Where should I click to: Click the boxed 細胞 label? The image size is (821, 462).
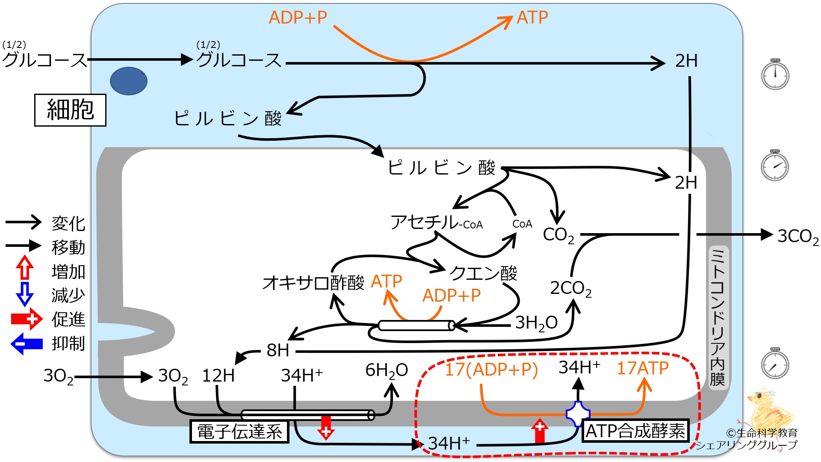coord(70,110)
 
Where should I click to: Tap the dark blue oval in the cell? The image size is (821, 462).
coord(129,81)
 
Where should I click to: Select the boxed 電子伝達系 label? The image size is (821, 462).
coord(239,431)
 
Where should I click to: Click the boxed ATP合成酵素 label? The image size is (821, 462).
coord(635,430)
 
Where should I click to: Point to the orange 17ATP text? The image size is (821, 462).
coord(643,368)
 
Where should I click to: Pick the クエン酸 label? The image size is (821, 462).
coord(483,273)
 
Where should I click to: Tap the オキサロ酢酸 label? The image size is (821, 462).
coord(313,283)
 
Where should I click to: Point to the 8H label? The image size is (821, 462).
coord(278,350)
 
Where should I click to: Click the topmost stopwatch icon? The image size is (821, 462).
coord(775,74)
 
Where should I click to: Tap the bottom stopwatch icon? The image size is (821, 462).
coord(775,364)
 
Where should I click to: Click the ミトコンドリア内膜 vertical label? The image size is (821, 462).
coord(718,317)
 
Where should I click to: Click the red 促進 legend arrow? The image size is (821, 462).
coord(27,319)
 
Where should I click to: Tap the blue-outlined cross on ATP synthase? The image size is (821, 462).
coord(578,414)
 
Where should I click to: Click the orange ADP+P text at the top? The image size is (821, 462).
coord(298,18)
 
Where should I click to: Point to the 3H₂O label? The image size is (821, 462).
coord(536,323)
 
